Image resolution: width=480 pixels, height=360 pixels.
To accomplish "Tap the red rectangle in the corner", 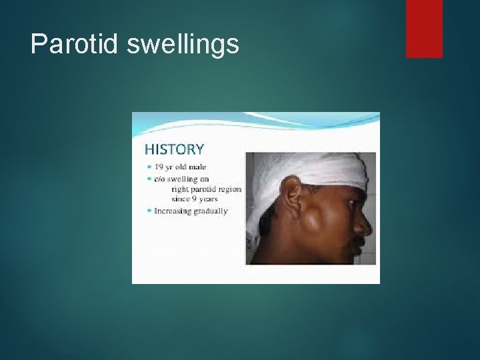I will click(x=424, y=28).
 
